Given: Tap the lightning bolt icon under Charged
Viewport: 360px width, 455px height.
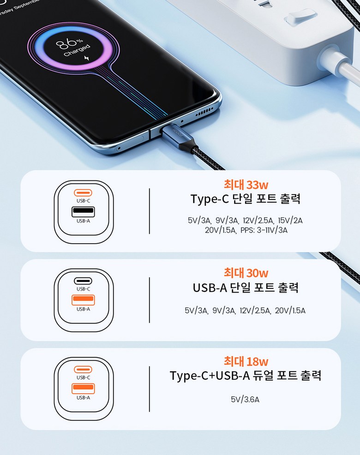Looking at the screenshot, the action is (x=86, y=58).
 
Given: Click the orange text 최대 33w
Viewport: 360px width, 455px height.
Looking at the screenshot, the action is (x=246, y=185).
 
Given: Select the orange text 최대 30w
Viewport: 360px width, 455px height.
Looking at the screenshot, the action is (x=246, y=273).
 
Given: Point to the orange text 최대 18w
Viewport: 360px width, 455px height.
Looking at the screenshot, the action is (x=246, y=361).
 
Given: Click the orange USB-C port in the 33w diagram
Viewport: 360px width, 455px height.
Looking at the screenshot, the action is (x=83, y=192).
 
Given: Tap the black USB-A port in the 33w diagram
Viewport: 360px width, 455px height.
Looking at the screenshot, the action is (x=83, y=211).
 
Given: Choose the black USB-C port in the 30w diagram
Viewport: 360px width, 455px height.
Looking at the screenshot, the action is (x=83, y=281).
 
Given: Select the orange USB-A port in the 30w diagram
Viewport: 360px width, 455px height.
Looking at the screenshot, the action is (x=83, y=300).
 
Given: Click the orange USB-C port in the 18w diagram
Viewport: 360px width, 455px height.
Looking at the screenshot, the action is (x=83, y=369).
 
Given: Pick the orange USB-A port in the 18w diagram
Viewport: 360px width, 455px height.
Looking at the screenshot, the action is (x=83, y=388).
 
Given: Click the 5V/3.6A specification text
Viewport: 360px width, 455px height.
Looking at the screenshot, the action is (x=245, y=400).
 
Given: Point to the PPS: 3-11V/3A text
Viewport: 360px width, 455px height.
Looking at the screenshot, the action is (x=264, y=230).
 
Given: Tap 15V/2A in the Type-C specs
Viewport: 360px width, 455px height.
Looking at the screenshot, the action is (x=290, y=221).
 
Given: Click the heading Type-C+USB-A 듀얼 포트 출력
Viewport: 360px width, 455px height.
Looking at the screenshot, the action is (x=246, y=376).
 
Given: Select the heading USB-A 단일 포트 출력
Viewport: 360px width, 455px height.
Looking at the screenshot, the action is (x=246, y=287).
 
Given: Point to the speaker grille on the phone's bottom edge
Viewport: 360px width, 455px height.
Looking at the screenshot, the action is (x=204, y=112).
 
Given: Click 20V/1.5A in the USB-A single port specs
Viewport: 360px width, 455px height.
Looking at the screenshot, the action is (x=290, y=311).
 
